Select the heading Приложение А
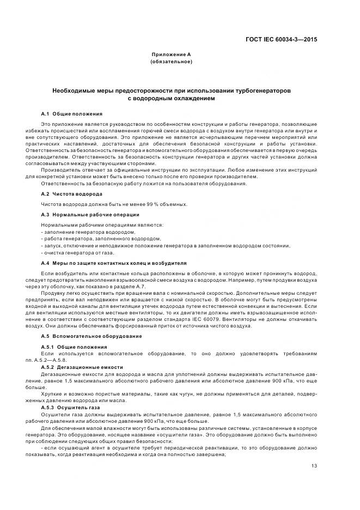[x=171, y=55]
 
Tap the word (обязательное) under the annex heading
[x=171, y=62]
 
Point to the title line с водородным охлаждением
[x=171, y=99]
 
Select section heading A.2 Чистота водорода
[x=71, y=194]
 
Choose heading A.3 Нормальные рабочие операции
[x=86, y=214]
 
